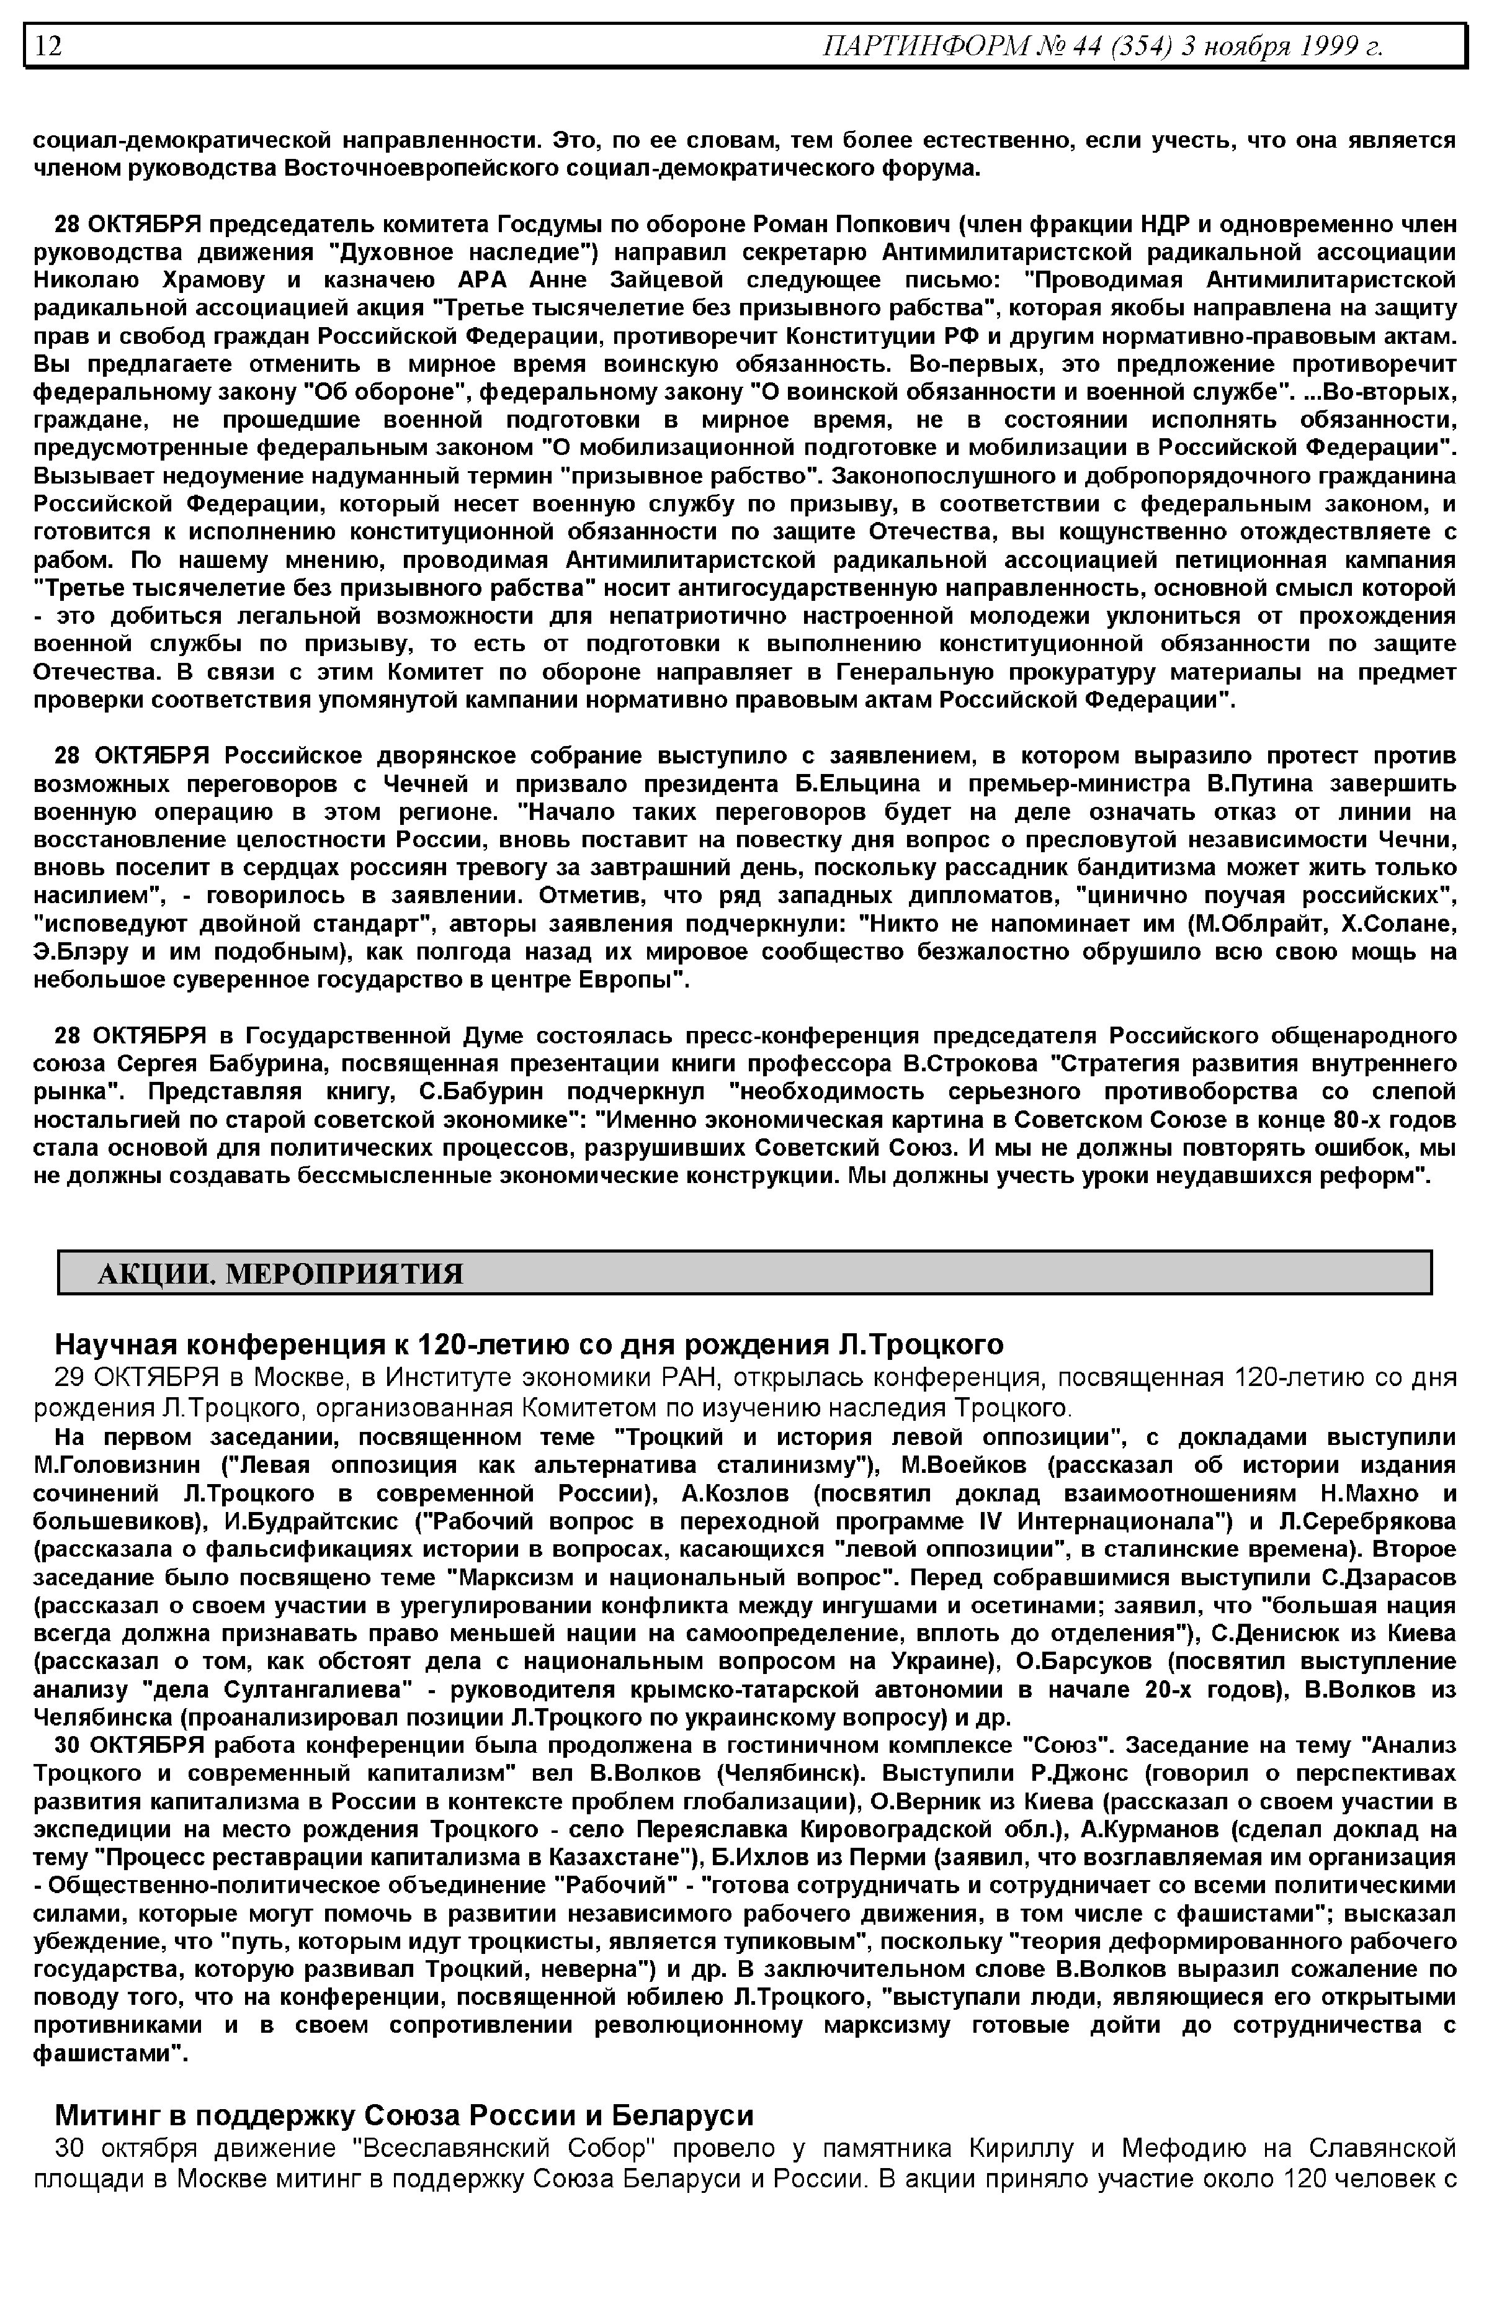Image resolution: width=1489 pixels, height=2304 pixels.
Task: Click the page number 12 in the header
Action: (x=48, y=45)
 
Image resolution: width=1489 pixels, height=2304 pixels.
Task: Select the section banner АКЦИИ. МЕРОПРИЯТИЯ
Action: (x=280, y=1274)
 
